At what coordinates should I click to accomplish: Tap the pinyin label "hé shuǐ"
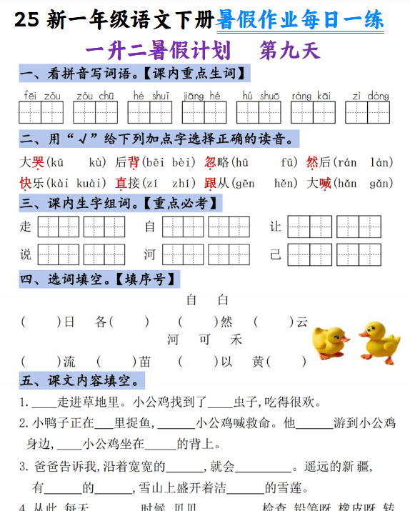click(151, 96)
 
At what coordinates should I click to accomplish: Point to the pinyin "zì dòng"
click(371, 96)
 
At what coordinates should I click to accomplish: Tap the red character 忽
click(211, 162)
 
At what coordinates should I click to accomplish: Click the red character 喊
click(325, 184)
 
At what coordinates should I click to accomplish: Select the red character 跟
click(211, 184)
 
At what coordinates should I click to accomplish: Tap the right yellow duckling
click(379, 340)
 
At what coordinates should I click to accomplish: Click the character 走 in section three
click(26, 227)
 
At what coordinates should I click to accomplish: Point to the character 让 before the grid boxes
click(276, 227)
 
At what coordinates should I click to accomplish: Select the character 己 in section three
click(276, 254)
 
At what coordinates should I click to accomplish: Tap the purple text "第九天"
click(290, 50)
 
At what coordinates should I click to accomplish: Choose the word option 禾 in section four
click(236, 339)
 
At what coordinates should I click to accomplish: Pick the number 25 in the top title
click(26, 20)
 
